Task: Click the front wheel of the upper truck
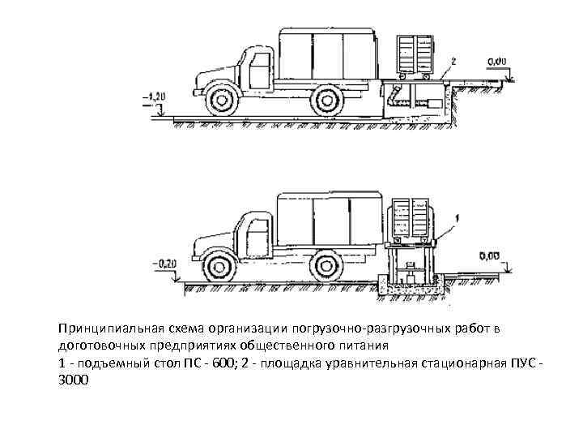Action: [219, 100]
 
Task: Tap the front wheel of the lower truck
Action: [216, 264]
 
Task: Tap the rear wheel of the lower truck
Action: [325, 264]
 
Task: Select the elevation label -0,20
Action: [164, 263]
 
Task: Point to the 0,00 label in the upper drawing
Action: [498, 61]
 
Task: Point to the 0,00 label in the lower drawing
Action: [489, 256]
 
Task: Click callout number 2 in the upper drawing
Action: [454, 61]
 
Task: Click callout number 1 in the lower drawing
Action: [457, 217]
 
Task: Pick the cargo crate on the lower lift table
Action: [411, 220]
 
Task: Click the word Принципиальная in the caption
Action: [109, 328]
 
